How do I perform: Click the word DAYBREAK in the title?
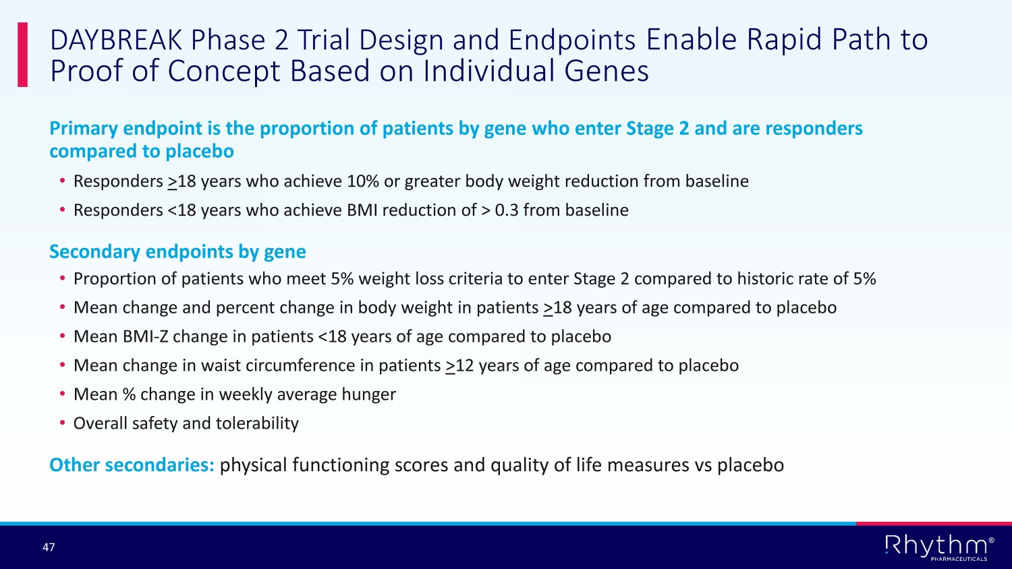pyautogui.click(x=115, y=40)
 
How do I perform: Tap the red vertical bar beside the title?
pyautogui.click(x=22, y=54)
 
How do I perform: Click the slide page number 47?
pyautogui.click(x=49, y=547)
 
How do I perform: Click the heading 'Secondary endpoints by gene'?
pyautogui.click(x=177, y=251)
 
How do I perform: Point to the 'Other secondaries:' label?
pyautogui.click(x=132, y=465)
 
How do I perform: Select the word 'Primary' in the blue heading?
pyautogui.click(x=84, y=129)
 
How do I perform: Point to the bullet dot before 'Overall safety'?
pyautogui.click(x=63, y=423)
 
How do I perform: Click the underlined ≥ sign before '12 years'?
pyautogui.click(x=450, y=366)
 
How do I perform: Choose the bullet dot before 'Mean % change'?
pyautogui.click(x=63, y=394)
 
